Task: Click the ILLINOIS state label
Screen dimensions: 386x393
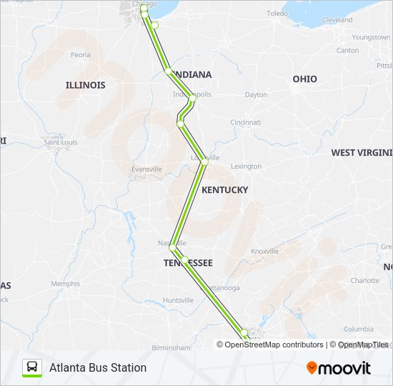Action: [85, 85]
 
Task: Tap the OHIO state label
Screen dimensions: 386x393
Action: [304, 79]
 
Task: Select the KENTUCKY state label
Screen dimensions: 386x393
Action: [224, 189]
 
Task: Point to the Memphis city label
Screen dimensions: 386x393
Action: [65, 284]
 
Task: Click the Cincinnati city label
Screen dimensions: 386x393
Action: [245, 123]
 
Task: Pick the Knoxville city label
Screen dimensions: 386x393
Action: [264, 252]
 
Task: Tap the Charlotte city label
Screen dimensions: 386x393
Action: [365, 281]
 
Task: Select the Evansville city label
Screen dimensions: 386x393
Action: [146, 169]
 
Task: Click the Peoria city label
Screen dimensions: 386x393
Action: [80, 54]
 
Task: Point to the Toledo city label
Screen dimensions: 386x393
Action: [277, 14]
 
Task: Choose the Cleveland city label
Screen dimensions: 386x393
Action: [337, 20]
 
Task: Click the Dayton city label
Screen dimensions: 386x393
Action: [256, 94]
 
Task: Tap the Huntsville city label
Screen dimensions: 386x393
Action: [178, 300]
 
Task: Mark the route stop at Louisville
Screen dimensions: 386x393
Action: [204, 162]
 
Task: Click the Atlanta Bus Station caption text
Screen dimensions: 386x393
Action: [98, 367]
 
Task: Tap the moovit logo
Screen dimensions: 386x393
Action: [339, 368]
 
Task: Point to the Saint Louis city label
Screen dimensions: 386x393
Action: [61, 142]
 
